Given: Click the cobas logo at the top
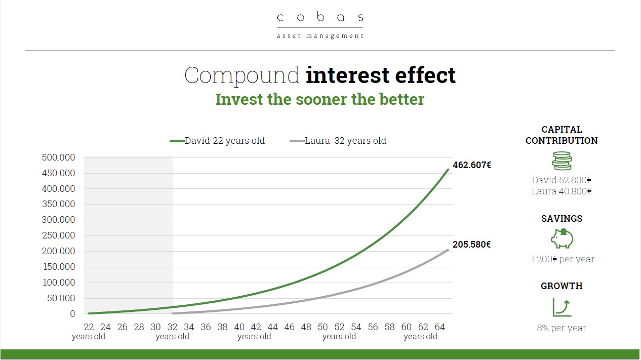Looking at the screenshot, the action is [x=320, y=25].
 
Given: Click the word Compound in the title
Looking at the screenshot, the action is [x=242, y=75].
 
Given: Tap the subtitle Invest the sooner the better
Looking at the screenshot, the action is [x=319, y=99].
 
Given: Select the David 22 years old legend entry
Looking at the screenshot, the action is [x=217, y=141].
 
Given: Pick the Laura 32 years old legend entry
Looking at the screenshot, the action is [x=338, y=141].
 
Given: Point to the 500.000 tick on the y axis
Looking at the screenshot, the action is [x=58, y=157].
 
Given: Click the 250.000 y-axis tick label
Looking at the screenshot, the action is [x=58, y=235].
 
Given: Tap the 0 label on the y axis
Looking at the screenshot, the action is [x=72, y=314].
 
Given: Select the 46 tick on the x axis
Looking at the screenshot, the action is [x=289, y=327].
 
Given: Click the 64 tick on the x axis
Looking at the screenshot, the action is [x=440, y=327].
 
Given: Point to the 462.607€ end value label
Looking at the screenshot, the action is [x=472, y=165].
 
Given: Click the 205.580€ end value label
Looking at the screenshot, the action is [x=472, y=245].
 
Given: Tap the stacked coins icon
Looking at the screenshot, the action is [x=562, y=161].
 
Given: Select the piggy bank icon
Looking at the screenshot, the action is [x=562, y=238].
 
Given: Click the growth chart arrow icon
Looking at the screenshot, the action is [x=562, y=307].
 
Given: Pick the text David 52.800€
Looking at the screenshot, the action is [x=562, y=180].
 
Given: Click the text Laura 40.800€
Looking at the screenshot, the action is [x=562, y=191].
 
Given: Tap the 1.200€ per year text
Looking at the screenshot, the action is [x=563, y=259].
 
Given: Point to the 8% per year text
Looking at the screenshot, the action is [x=562, y=328].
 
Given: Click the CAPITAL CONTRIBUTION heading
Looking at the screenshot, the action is [x=562, y=135].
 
